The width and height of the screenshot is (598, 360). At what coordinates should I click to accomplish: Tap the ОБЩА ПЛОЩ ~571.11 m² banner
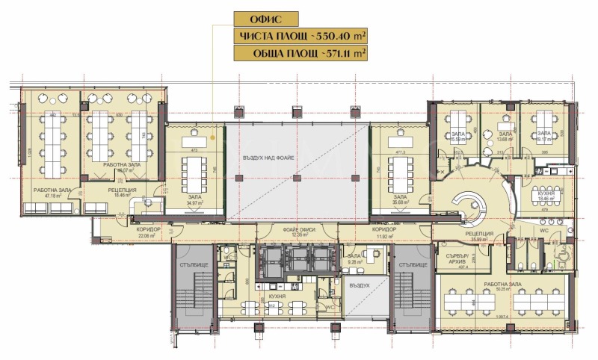click(x=303, y=54)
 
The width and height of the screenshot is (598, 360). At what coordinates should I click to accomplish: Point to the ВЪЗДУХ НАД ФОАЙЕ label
click(x=268, y=159)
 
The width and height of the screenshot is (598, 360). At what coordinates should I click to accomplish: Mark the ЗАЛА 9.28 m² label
click(x=354, y=258)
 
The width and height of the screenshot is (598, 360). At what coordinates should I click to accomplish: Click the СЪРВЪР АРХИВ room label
click(x=457, y=258)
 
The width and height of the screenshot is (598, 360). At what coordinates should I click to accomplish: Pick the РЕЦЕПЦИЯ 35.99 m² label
click(x=478, y=237)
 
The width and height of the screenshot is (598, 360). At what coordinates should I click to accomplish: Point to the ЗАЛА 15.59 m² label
click(x=457, y=137)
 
